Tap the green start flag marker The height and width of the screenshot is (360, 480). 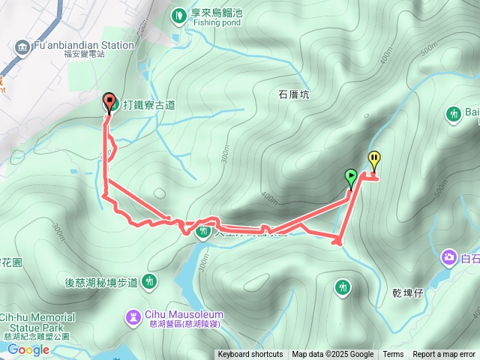[x=350, y=176]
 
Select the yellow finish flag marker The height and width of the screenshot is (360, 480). [x=374, y=159]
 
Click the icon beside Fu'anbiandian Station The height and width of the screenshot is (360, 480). [x=20, y=46]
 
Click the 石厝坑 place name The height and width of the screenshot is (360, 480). [x=294, y=95]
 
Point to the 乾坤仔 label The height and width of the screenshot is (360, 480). [x=407, y=292]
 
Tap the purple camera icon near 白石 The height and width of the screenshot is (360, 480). [x=448, y=257]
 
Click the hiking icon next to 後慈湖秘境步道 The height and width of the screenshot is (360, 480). [x=150, y=282]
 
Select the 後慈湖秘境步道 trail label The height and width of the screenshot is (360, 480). [x=101, y=282]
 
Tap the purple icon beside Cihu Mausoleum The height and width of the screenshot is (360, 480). [x=133, y=317]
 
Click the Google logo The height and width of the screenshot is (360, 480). [x=28, y=349]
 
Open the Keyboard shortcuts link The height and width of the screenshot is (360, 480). [x=250, y=355]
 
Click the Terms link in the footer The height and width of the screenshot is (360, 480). [x=393, y=355]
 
